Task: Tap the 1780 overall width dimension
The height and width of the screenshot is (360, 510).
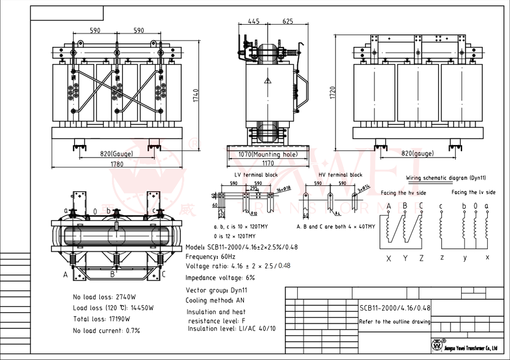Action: click(117, 164)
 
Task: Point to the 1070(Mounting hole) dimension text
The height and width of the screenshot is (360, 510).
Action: click(261, 155)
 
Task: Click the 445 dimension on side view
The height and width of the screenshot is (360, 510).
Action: click(254, 21)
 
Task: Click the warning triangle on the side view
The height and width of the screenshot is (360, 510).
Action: click(268, 81)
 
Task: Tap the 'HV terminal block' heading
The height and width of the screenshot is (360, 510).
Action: click(340, 175)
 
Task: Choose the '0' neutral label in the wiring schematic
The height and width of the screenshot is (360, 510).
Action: click(475, 206)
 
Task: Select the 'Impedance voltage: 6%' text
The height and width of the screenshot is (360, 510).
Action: click(220, 277)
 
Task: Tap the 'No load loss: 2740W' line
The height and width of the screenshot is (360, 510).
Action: click(106, 297)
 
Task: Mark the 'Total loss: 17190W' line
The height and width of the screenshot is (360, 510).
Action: click(101, 319)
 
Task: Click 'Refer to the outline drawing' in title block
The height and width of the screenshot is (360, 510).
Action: click(395, 322)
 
